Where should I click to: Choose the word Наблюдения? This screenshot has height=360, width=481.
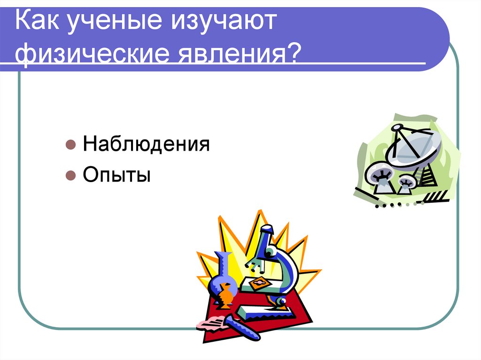click(146, 145)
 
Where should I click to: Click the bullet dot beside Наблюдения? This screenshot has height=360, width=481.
click(70, 145)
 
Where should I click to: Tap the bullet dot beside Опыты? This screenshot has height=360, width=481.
click(70, 176)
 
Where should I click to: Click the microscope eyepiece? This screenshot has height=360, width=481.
click(267, 230)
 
